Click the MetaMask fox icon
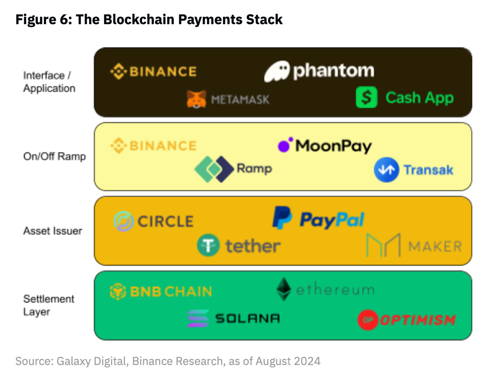(x=196, y=99)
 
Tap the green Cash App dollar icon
(x=366, y=97)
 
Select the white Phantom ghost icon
(x=277, y=71)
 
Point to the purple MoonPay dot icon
(x=285, y=145)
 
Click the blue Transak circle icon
(x=386, y=170)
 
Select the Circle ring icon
(x=123, y=221)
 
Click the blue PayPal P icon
(x=282, y=218)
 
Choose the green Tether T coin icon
(x=208, y=245)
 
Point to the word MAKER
(x=435, y=246)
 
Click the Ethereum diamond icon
(x=284, y=289)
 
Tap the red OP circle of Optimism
(x=368, y=320)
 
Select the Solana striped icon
(x=198, y=318)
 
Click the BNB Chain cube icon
(x=118, y=292)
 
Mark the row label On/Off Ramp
(x=54, y=157)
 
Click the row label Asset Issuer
(x=53, y=231)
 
